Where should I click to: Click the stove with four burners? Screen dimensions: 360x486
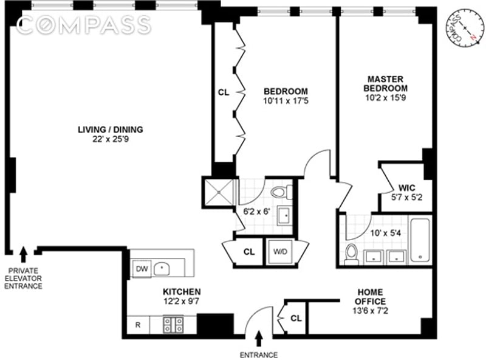pyautogui.click(x=173, y=324)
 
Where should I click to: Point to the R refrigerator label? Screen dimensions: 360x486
pyautogui.click(x=138, y=325)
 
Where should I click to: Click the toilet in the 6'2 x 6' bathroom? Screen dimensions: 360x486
pyautogui.click(x=280, y=193)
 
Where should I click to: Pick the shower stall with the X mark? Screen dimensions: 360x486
pyautogui.click(x=218, y=192)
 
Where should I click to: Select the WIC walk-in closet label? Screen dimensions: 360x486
pyautogui.click(x=406, y=187)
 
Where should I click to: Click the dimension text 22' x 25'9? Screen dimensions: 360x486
pyautogui.click(x=110, y=139)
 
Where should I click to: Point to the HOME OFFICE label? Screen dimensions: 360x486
pyautogui.click(x=370, y=296)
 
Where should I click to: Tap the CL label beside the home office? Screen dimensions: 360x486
pyautogui.click(x=296, y=318)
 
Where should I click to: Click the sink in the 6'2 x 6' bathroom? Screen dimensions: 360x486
pyautogui.click(x=284, y=215)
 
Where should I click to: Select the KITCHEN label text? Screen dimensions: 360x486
pyautogui.click(x=181, y=292)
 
